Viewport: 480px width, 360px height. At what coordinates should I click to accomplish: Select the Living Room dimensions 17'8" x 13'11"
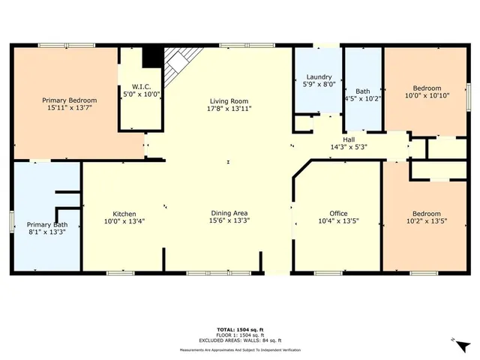tap(229, 109)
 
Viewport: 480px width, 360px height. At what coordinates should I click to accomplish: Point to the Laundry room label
tap(318, 77)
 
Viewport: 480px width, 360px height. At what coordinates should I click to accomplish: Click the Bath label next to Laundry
tap(362, 89)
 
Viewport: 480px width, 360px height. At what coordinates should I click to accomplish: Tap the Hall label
tap(349, 139)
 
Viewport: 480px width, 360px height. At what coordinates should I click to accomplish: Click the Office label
tap(328, 213)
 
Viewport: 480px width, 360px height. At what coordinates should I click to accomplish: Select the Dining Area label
tap(229, 213)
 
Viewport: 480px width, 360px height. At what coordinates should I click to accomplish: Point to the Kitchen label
tap(124, 213)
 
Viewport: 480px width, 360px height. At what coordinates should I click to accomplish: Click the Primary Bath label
tap(47, 224)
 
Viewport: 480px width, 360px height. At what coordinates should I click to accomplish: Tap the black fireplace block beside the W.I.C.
tap(153, 56)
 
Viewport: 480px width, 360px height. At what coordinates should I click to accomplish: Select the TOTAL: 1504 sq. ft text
tap(239, 330)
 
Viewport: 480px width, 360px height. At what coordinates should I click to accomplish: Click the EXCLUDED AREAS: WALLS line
tap(239, 340)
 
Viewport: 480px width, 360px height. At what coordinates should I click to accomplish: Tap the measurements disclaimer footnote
tap(239, 350)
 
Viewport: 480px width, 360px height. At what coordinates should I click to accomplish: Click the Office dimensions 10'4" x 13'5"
tap(328, 221)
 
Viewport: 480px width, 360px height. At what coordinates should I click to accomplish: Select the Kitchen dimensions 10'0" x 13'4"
tap(124, 221)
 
